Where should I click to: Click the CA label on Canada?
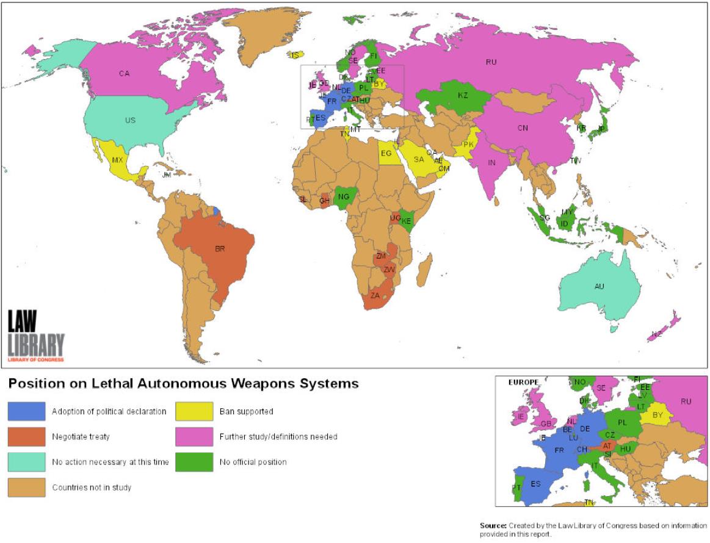click(125, 74)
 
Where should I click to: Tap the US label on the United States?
click(130, 120)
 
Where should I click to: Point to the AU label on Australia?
click(600, 286)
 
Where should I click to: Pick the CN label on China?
click(523, 128)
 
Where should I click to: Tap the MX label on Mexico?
click(117, 160)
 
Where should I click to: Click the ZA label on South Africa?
click(375, 296)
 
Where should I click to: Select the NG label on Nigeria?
click(344, 196)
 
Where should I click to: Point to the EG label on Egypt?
click(386, 153)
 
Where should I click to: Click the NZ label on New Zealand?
click(656, 334)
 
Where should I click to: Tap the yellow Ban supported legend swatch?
click(194, 411)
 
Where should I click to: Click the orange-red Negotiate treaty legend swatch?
click(26, 437)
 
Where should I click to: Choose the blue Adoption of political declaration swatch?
click(26, 411)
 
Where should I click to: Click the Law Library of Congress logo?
click(35, 336)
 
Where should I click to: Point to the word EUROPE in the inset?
click(523, 383)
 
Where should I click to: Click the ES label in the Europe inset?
click(535, 484)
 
